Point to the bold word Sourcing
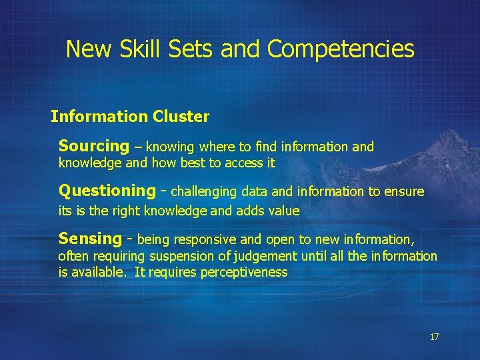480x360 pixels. pyautogui.click(x=93, y=146)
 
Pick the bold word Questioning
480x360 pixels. pyautogui.click(x=107, y=191)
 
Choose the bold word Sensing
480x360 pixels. pyautogui.click(x=90, y=239)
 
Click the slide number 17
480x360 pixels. pyautogui.click(x=434, y=337)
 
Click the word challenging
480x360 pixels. pyautogui.click(x=204, y=192)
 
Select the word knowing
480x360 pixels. pyautogui.click(x=170, y=147)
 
